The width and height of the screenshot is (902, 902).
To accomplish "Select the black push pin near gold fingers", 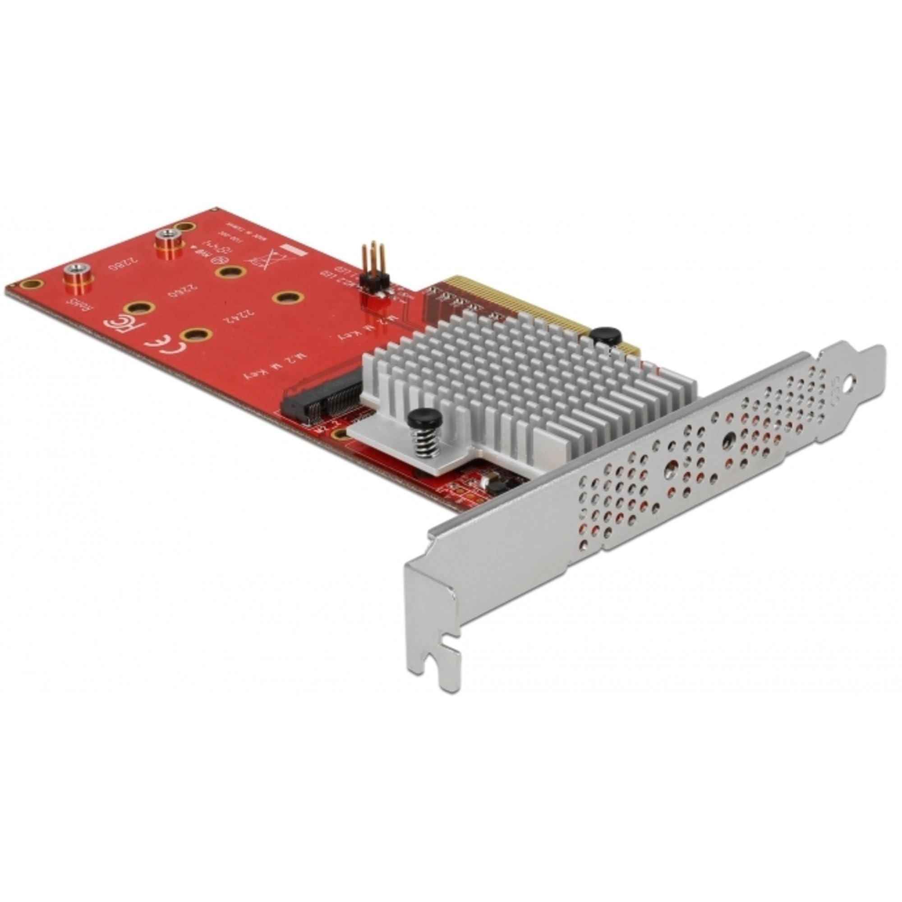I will tap(606, 335).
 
